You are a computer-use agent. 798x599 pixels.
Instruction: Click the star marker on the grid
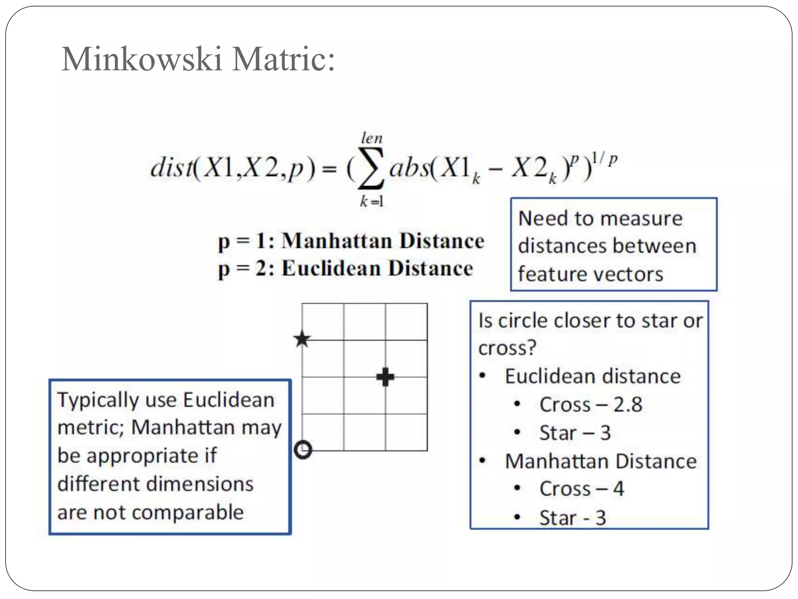302,339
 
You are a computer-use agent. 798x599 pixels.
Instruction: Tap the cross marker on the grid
385,377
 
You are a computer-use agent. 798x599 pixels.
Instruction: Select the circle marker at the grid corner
303,450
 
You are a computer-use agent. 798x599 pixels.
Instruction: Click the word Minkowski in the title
142,59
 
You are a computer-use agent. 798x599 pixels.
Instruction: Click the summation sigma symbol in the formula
371,168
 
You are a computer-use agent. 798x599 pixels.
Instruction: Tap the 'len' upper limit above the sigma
372,138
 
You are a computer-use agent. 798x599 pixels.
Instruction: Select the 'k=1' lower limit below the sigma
371,201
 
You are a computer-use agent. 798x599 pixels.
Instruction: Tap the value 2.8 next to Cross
628,404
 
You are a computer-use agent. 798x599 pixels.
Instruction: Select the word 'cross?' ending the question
507,348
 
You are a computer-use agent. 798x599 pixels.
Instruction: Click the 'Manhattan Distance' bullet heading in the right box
600,461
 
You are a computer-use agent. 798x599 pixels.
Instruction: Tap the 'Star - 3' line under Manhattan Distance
572,518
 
